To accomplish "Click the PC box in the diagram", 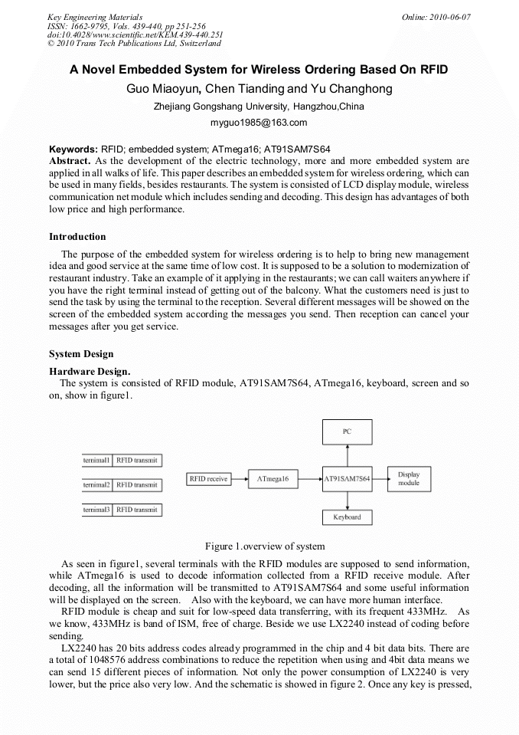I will (x=347, y=432).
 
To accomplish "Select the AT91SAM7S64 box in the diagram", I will (x=347, y=479).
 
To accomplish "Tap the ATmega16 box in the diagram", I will (x=274, y=479).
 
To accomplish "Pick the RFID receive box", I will (x=208, y=479).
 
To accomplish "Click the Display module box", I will (x=409, y=479).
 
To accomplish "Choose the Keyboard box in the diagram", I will (x=347, y=517).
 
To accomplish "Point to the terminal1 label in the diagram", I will (x=97, y=460).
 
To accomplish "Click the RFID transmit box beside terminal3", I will (x=137, y=509).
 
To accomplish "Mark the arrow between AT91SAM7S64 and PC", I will (x=347, y=456).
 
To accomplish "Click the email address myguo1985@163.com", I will (x=259, y=122).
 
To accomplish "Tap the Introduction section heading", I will (x=77, y=237).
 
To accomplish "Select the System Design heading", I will (x=81, y=354).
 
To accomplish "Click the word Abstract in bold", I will (x=70, y=161).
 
